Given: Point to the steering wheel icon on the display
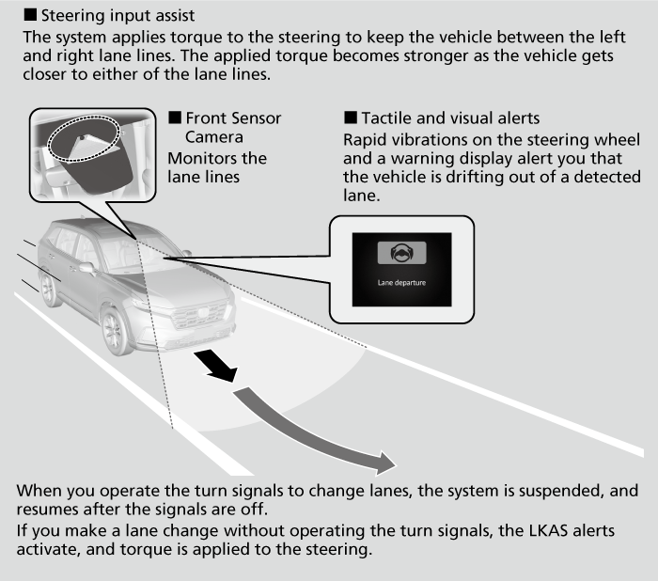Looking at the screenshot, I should [x=401, y=252].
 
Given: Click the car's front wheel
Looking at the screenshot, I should [x=115, y=330].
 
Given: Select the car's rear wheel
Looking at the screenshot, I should [x=48, y=289].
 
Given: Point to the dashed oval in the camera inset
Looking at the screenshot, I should [x=84, y=143].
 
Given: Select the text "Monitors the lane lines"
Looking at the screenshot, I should [x=216, y=166].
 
